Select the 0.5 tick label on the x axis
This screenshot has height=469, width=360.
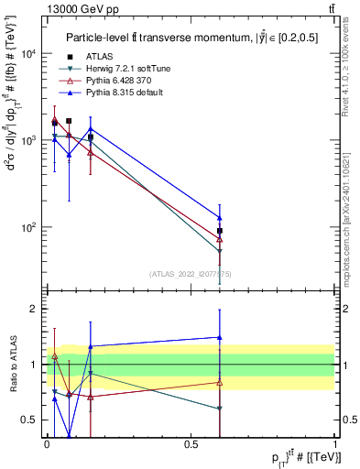191,444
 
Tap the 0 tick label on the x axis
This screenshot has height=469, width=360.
47,444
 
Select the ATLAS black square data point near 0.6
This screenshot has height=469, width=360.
220,231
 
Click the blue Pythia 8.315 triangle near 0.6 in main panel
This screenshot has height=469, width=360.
220,218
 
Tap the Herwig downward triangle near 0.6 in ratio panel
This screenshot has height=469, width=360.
220,409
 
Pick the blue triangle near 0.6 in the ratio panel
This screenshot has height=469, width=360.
220,337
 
